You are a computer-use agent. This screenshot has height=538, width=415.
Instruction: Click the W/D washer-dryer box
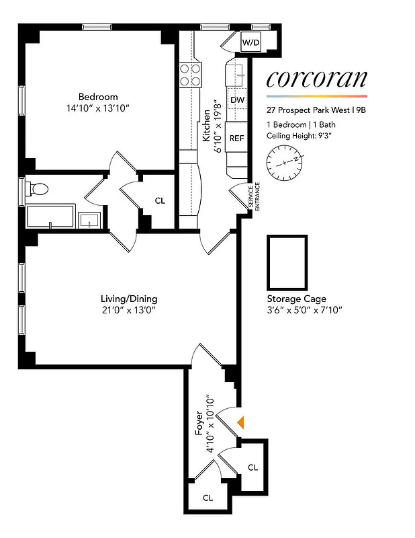coord(251,43)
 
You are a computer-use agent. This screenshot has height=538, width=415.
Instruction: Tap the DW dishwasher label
coord(236,101)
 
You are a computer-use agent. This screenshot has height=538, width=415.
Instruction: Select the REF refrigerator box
coord(236,139)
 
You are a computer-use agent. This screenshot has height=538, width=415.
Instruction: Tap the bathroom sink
coord(89,220)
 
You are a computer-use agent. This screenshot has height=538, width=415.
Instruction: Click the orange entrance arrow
coord(242,422)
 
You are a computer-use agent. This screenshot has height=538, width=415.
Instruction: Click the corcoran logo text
coord(316,79)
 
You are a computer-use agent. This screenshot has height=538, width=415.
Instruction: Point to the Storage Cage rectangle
coord(287,261)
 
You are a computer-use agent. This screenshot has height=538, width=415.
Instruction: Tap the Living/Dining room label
coord(128,299)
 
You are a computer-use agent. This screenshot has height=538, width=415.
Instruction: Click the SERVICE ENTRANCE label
coord(253,198)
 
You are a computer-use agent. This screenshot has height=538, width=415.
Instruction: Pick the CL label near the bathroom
coord(160,200)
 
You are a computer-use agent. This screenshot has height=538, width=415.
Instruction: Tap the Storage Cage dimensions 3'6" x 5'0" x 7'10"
coord(305,310)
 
